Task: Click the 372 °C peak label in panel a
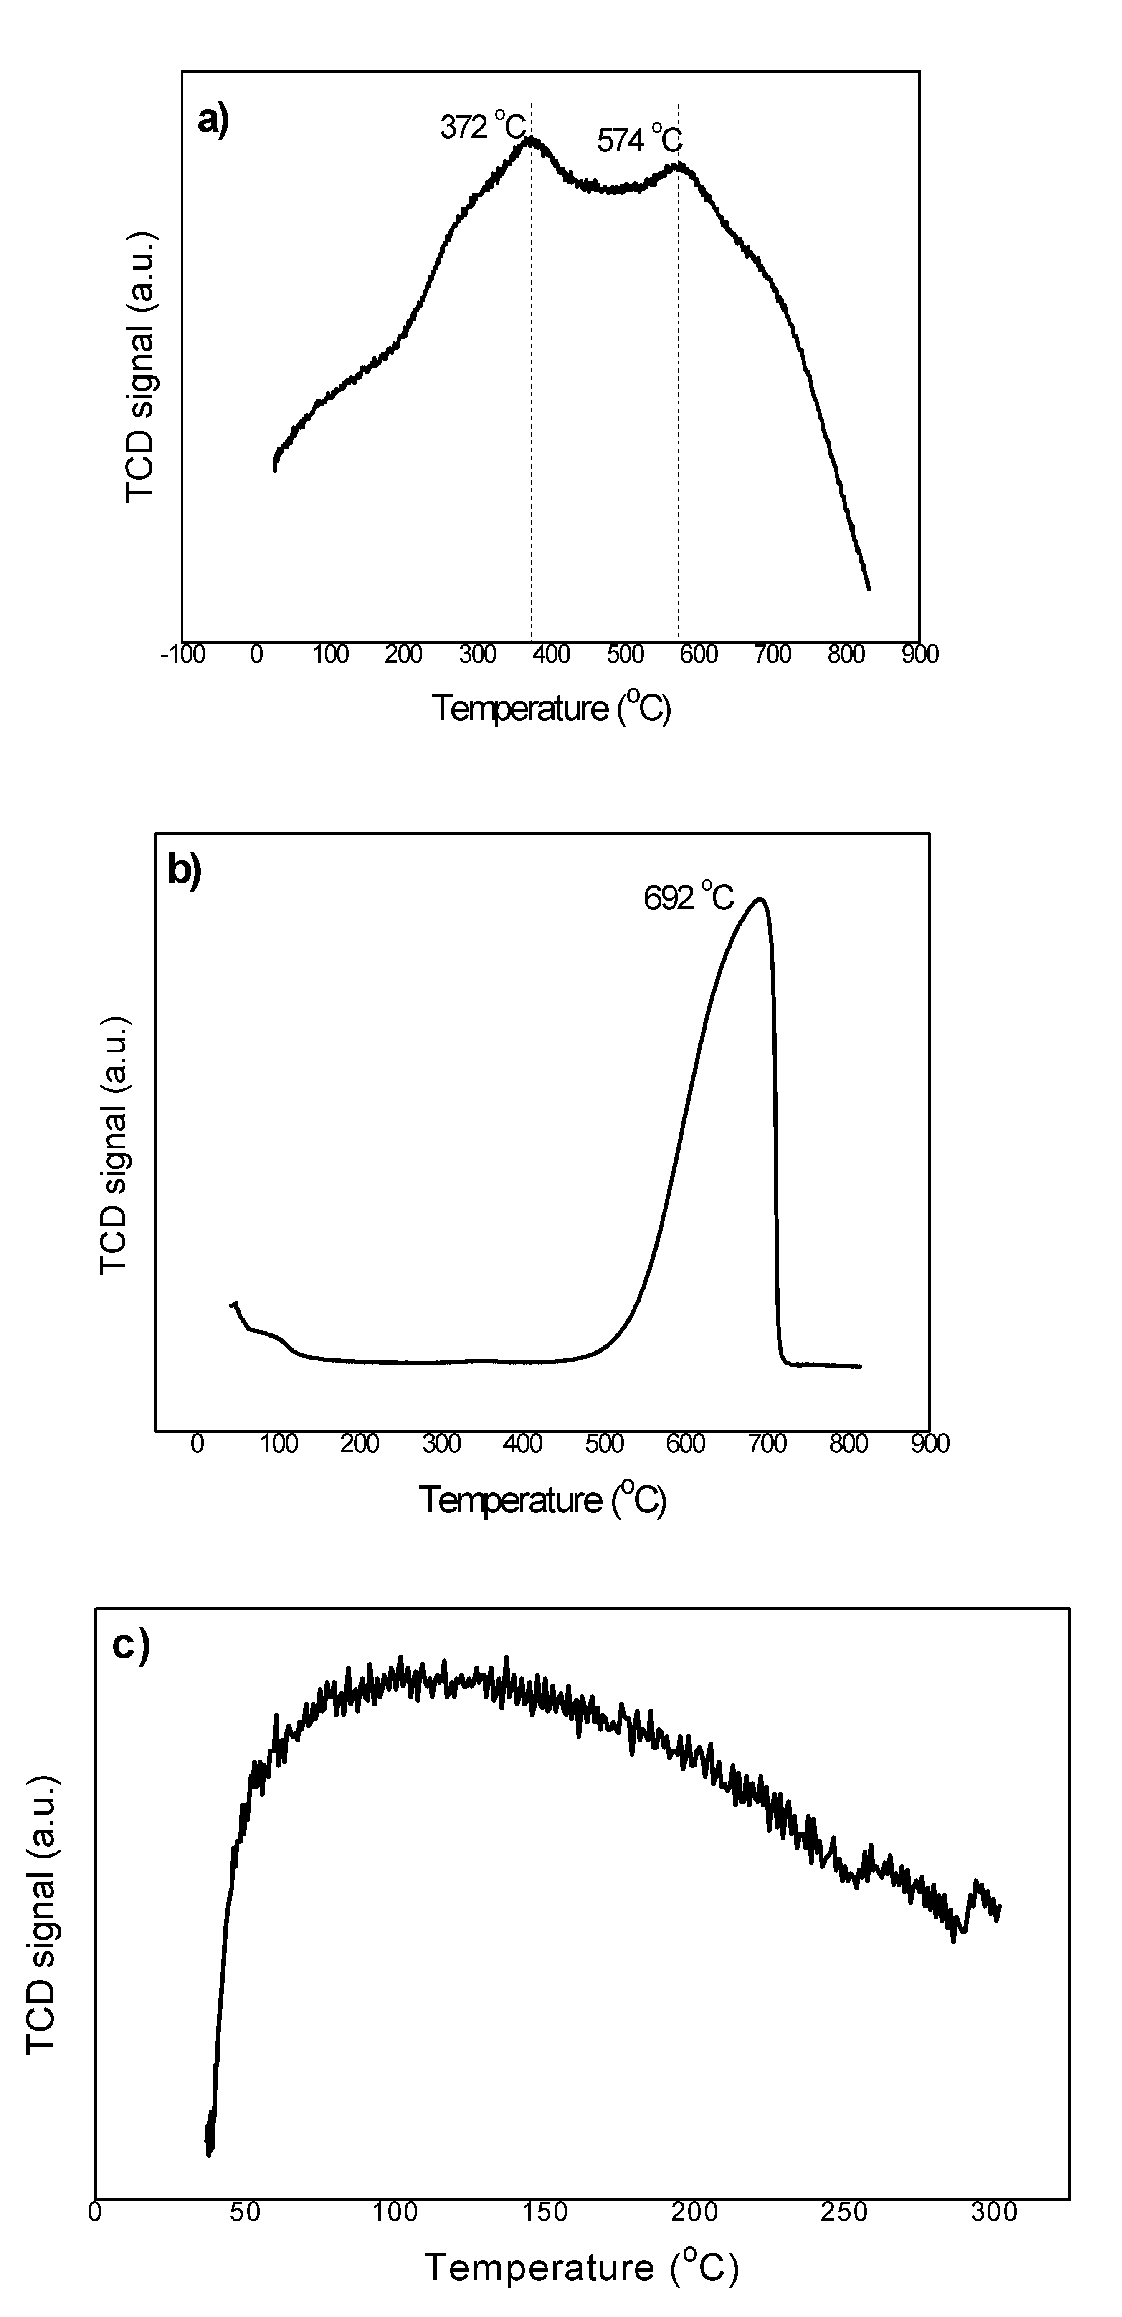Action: coord(481,127)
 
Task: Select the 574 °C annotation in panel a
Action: coord(639,140)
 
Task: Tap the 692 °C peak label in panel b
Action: coord(688,898)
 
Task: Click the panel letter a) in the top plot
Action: coord(213,120)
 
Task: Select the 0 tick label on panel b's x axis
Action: coord(197,1444)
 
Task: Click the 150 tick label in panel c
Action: coord(545,2212)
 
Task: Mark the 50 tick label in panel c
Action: coord(245,2212)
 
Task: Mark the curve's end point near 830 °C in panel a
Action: coord(868,589)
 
